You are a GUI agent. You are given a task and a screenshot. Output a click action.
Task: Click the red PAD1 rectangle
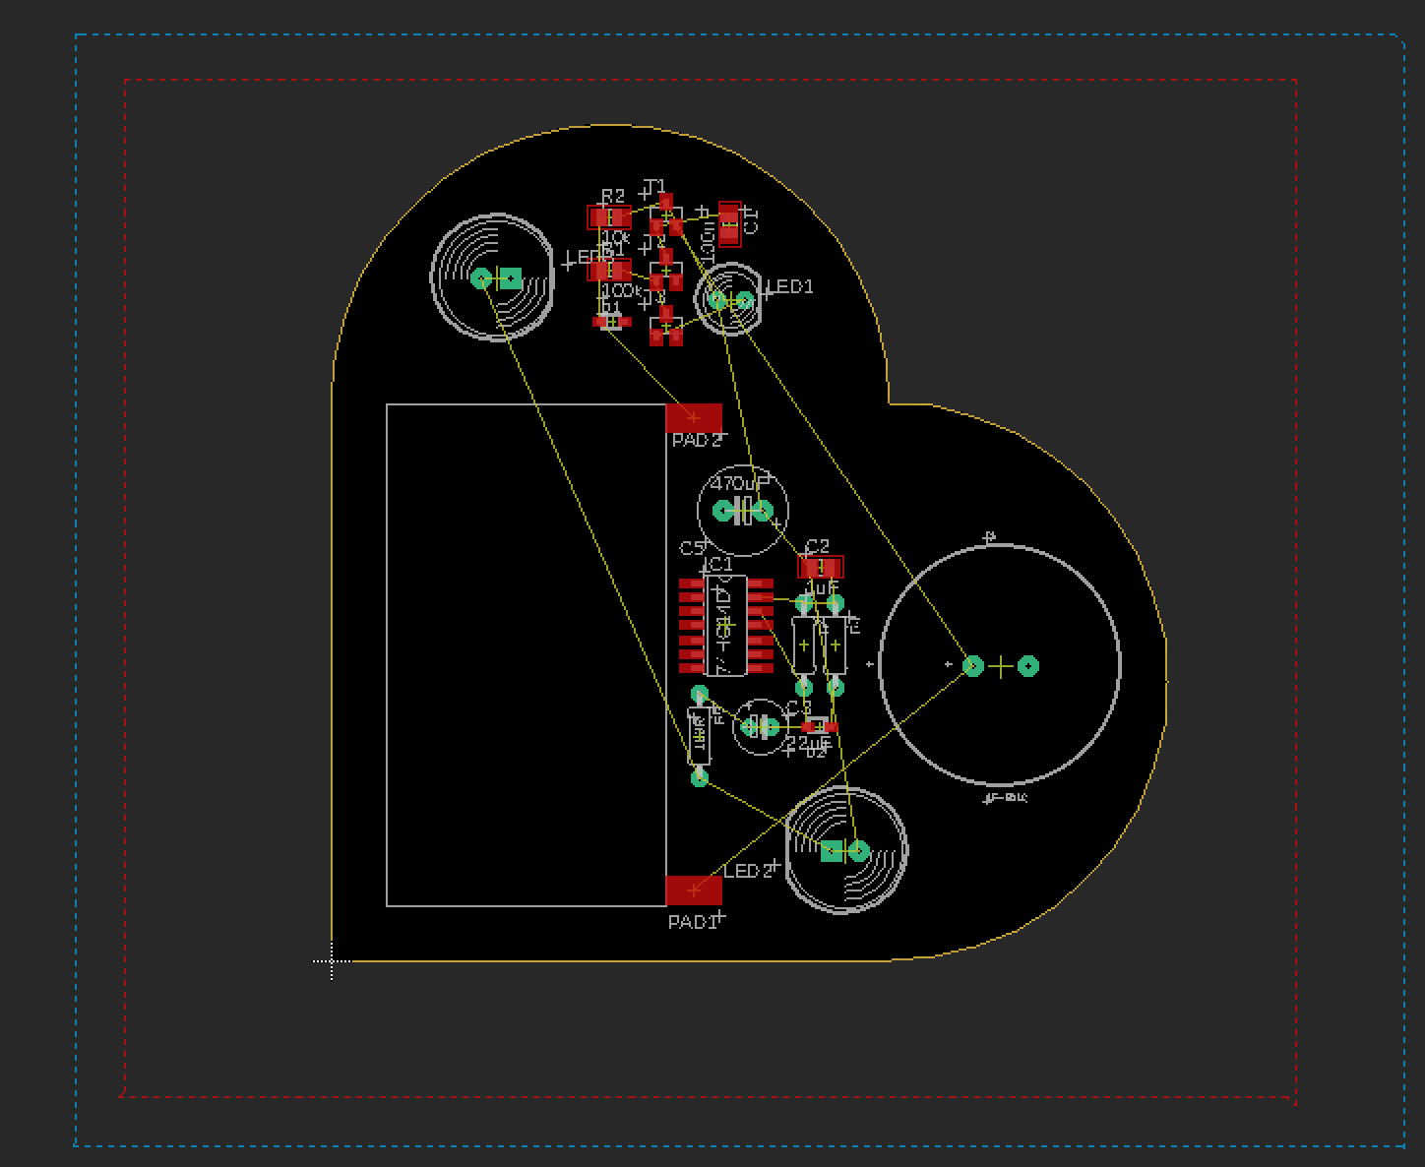(694, 891)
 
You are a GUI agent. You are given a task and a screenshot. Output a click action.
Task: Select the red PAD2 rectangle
(694, 418)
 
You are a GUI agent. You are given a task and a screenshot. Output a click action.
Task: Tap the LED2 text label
(748, 872)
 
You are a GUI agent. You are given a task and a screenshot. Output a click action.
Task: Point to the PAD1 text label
(692, 922)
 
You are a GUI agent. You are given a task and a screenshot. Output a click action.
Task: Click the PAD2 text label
(696, 440)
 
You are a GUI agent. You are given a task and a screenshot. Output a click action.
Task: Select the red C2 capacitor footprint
(821, 568)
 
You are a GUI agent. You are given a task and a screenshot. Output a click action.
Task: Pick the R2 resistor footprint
(609, 217)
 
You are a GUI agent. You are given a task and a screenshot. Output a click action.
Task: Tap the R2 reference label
(612, 197)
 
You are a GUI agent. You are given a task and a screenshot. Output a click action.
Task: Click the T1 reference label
(655, 187)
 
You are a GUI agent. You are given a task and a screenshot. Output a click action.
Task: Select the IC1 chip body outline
(726, 626)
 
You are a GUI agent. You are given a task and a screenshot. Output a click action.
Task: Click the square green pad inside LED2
(833, 851)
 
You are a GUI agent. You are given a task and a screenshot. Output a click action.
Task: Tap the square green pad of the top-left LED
(510, 278)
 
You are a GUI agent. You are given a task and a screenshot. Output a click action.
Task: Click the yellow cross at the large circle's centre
(1000, 666)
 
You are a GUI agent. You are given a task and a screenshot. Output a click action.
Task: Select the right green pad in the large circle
(1028, 666)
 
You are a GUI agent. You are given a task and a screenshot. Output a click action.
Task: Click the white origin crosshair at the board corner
(332, 961)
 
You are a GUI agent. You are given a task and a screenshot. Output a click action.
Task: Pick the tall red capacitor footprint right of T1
(729, 224)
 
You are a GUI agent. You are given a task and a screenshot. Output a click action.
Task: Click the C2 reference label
(817, 546)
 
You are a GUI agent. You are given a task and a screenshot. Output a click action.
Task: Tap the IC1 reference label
(718, 564)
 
